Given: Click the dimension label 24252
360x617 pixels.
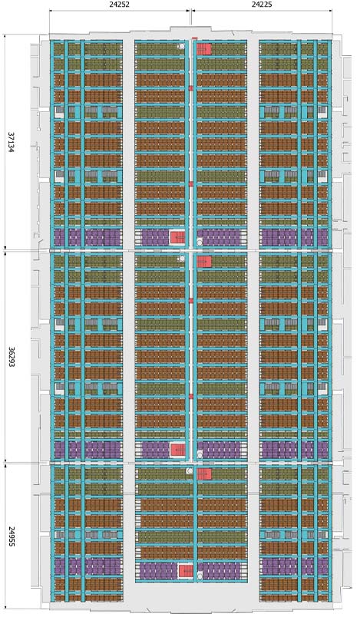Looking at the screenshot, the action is [119, 5].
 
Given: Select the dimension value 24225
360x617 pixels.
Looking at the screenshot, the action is [262, 5].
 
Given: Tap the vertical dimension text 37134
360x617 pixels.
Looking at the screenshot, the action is [11, 142].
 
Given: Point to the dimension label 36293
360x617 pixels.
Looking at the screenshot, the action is [11, 357].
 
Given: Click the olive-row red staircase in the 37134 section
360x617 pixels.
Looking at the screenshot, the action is [204, 49].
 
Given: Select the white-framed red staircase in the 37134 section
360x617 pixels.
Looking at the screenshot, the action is [177, 238].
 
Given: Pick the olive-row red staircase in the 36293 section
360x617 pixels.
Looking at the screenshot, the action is [204, 262].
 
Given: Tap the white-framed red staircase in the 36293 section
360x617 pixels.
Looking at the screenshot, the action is [177, 450].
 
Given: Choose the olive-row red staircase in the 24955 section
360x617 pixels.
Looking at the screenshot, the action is [204, 473].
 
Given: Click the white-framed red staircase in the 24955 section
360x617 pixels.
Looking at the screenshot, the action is [185, 571].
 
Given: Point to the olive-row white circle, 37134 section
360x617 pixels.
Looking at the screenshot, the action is [181, 47].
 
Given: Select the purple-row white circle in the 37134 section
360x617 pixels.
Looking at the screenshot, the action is [200, 243].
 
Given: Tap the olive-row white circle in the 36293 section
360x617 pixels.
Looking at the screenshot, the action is [181, 259].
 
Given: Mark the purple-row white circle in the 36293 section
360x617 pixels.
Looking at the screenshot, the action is [200, 455].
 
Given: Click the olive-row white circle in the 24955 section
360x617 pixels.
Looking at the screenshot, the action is [190, 470].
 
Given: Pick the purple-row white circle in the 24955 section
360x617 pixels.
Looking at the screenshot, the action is [200, 576].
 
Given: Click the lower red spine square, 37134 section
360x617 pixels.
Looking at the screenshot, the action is [191, 183].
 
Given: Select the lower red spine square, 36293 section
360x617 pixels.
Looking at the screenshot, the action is [191, 396].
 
